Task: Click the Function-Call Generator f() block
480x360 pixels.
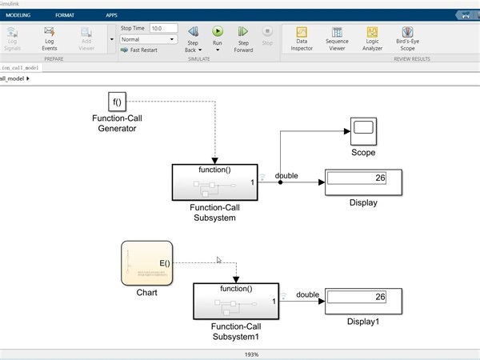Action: click(118, 102)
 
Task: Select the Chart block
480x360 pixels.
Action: click(146, 262)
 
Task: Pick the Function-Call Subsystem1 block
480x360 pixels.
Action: click(235, 301)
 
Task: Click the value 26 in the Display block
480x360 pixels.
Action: click(380, 178)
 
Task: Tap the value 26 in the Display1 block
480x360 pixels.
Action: click(380, 297)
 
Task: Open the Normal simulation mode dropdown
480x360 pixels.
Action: click(148, 38)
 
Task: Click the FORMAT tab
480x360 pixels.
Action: click(65, 15)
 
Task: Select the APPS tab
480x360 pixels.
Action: click(111, 15)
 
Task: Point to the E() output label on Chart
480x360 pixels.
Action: click(164, 263)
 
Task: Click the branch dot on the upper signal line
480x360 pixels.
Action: click(280, 182)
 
